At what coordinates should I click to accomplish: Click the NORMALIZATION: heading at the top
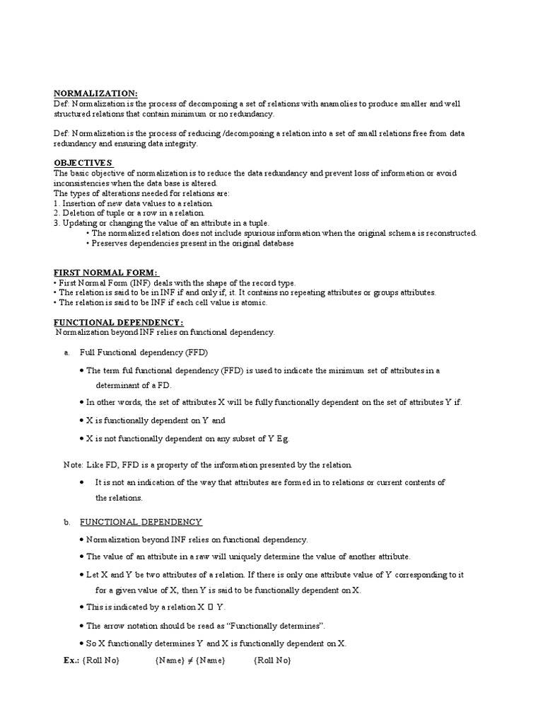(96, 93)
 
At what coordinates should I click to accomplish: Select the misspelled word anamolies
(322, 104)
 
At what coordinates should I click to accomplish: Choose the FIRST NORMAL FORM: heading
(107, 273)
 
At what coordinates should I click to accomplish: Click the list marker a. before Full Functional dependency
(66, 352)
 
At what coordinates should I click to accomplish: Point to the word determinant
(119, 385)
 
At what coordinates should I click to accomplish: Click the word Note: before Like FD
(74, 464)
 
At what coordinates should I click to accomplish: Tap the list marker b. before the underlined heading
(66, 522)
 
